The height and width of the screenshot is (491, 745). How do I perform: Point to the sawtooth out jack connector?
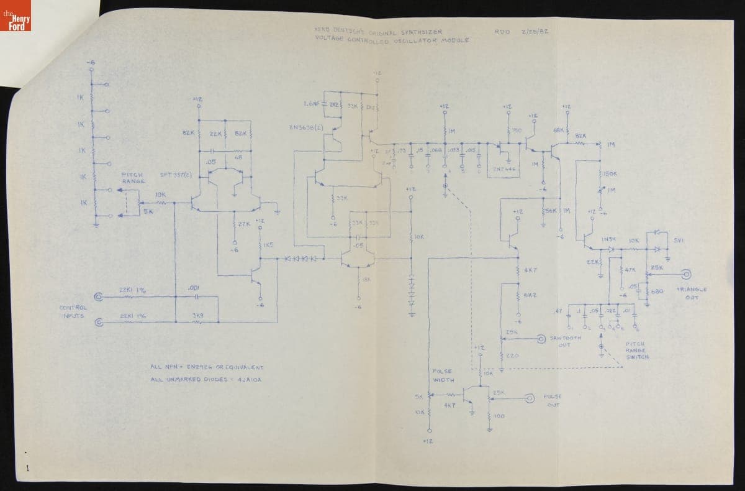541,339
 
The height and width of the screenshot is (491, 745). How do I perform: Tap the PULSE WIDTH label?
443,375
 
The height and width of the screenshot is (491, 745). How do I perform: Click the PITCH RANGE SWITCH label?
638,351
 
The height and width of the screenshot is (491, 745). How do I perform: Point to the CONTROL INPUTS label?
73,311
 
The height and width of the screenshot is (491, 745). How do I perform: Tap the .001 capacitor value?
192,287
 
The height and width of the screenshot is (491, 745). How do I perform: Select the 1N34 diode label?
608,239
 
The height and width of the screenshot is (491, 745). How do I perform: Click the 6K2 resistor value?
530,295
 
